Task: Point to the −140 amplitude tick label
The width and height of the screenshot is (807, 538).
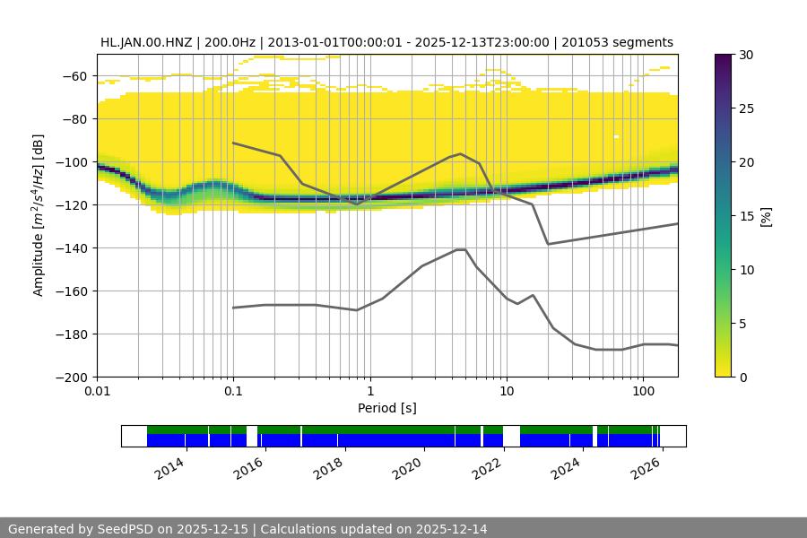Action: pos(73,248)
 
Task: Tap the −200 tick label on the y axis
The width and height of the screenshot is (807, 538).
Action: pos(73,377)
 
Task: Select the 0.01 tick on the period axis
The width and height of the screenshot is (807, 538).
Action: pos(97,392)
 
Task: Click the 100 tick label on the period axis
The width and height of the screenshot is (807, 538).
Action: pos(642,392)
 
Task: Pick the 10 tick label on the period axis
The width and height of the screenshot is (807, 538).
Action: pos(506,392)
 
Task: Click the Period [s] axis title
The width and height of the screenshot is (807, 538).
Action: pos(386,408)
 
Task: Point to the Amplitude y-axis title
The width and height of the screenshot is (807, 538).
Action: pos(39,215)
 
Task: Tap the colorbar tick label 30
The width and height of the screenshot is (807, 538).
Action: pos(746,55)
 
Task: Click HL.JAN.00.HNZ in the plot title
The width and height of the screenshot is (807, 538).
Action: pos(152,42)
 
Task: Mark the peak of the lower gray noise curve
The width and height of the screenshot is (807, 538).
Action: pos(461,249)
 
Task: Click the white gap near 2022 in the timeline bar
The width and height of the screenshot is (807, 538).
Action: pos(511,436)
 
